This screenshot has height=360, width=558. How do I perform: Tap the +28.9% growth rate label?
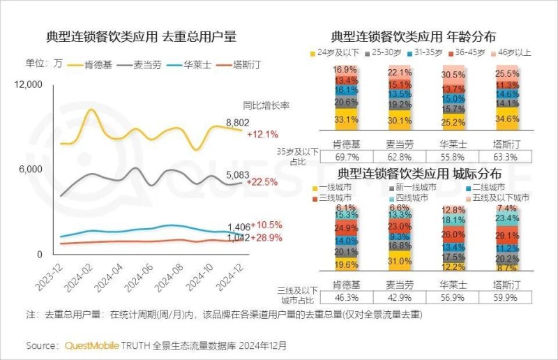(x=266, y=238)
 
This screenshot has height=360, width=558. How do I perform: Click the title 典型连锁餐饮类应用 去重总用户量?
(x=141, y=36)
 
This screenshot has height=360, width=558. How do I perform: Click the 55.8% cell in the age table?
(x=453, y=158)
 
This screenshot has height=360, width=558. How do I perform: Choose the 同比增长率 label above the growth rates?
(x=266, y=106)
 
